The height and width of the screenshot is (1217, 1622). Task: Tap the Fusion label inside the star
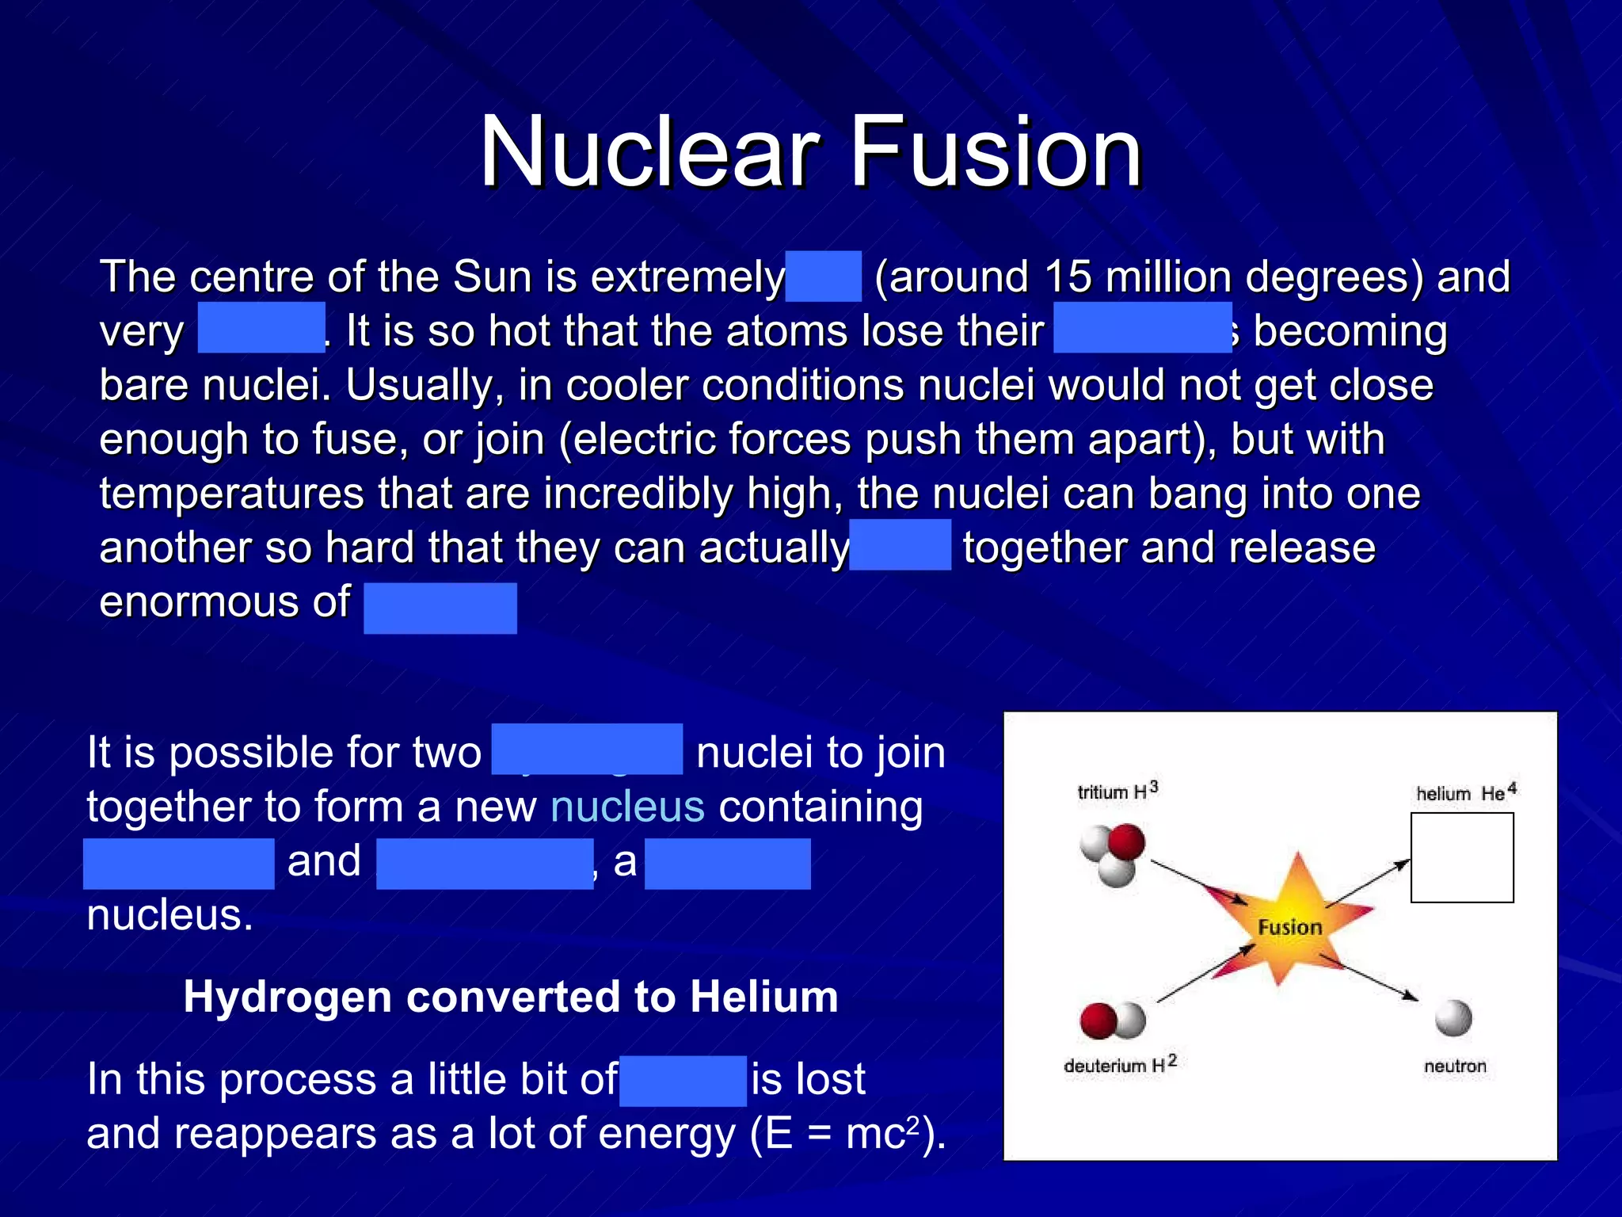1290,927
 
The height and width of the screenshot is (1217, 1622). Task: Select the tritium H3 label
1118,791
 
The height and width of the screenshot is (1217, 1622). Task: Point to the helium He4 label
1466,792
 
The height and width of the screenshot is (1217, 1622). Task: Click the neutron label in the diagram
1455,1066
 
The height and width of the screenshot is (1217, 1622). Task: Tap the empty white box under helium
1462,857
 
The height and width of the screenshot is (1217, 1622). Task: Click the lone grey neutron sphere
1453,1018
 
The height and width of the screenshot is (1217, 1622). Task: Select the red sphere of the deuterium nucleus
1098,1021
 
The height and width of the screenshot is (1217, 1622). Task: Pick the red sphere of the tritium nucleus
1126,841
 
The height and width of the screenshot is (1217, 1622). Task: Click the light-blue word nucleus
627,807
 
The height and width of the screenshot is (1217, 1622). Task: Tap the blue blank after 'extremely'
823,277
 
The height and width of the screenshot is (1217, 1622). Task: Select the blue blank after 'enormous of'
440,608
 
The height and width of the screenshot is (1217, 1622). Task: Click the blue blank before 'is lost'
683,1080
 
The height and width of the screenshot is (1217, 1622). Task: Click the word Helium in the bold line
763,996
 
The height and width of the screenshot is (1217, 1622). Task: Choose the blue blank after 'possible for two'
587,749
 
